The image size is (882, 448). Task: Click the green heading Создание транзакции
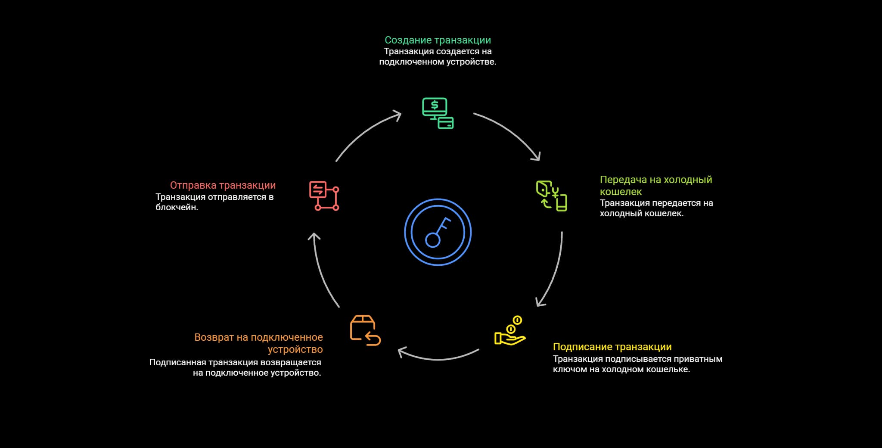[438, 40]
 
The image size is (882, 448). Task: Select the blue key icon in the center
[438, 232]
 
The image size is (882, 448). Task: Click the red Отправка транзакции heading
[223, 185]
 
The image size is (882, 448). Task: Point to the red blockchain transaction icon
[324, 196]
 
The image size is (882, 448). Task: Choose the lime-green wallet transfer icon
[551, 196]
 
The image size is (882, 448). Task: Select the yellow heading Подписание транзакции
[612, 347]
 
